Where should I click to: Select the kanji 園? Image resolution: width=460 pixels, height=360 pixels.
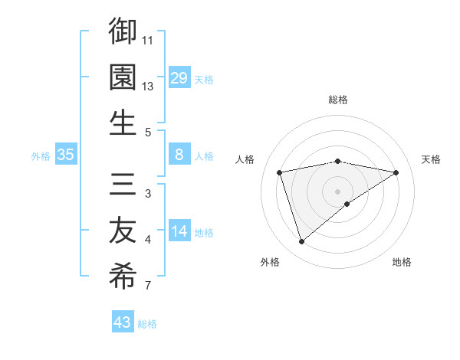tap(123, 77)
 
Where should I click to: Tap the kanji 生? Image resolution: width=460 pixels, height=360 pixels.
tap(123, 123)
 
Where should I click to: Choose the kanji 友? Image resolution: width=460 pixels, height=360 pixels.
tap(123, 231)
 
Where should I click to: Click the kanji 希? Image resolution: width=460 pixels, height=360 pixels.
tap(123, 277)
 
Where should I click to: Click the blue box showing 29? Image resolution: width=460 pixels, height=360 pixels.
tap(179, 78)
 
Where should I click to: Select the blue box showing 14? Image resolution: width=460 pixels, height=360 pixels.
tap(179, 232)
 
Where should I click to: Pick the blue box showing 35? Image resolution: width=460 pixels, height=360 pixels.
tap(65, 155)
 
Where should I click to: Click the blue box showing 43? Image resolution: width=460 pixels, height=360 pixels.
tap(123, 322)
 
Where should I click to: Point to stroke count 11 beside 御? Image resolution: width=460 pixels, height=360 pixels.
tap(148, 39)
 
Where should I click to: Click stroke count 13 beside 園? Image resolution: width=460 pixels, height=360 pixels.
tap(148, 86)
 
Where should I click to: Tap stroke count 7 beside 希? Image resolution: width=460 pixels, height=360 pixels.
tap(148, 286)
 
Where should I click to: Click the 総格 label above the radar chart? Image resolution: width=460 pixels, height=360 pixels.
tap(338, 100)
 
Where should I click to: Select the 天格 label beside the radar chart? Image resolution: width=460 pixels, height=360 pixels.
tap(432, 159)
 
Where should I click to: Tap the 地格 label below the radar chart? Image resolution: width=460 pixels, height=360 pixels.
tap(402, 262)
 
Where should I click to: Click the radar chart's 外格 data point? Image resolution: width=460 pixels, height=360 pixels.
tap(301, 242)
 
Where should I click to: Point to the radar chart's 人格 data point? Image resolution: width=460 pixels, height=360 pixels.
tap(280, 172)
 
